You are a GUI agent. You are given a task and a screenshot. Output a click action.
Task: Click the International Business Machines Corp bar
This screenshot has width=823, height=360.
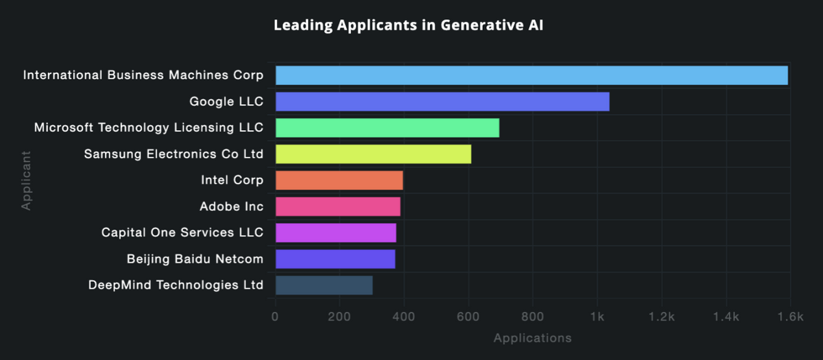(x=532, y=75)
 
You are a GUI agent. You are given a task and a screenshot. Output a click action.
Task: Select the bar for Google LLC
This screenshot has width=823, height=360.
(x=442, y=101)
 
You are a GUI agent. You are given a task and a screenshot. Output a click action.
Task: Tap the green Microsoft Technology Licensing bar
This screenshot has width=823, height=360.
(x=387, y=128)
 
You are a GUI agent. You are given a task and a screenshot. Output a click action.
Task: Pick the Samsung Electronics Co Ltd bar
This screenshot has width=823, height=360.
(x=373, y=154)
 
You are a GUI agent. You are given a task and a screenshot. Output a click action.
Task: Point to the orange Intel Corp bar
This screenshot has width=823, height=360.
(x=339, y=180)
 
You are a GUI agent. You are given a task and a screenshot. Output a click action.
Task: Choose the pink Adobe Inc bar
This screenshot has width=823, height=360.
(x=337, y=206)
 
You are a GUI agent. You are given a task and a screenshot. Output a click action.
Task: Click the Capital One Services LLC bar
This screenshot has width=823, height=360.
(x=335, y=232)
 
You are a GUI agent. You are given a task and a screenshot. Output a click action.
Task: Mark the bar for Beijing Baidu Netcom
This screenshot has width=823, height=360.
(x=335, y=259)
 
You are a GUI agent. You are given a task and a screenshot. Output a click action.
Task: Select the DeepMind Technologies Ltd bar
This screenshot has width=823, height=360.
(x=324, y=285)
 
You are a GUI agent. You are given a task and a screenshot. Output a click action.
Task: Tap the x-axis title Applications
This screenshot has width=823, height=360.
(x=532, y=338)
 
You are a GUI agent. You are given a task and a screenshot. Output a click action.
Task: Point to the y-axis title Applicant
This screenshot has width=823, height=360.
(x=26, y=180)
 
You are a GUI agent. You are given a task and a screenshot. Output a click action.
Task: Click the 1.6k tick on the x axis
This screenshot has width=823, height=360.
(x=791, y=317)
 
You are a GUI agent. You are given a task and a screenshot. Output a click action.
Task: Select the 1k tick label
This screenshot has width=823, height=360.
(x=597, y=317)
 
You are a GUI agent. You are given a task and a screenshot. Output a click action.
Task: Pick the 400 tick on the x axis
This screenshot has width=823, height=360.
(x=404, y=317)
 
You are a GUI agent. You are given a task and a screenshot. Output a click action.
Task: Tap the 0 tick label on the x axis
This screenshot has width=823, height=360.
(x=275, y=317)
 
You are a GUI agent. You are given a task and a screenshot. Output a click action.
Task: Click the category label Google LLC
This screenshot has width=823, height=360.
(x=226, y=101)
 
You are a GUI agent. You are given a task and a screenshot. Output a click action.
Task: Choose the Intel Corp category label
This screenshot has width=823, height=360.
(x=232, y=180)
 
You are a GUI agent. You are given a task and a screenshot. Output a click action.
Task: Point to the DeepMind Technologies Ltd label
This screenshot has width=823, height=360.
(x=176, y=285)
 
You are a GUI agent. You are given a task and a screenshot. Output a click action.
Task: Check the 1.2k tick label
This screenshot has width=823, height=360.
(x=662, y=317)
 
